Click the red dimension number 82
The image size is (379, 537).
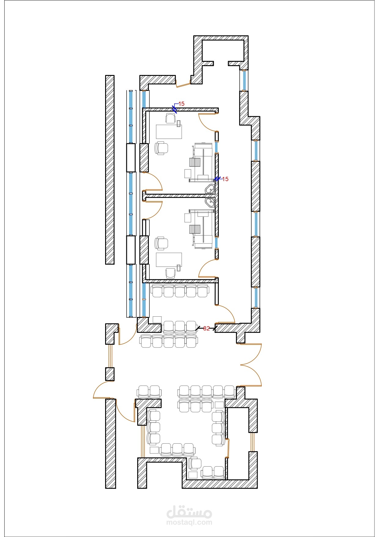pos(206,328)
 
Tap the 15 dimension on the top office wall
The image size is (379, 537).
pos(181,104)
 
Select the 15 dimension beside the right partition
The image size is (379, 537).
pos(225,179)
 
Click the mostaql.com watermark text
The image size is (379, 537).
pos(189,522)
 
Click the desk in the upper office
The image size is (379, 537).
pos(169,132)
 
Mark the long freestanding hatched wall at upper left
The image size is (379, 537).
pos(110,170)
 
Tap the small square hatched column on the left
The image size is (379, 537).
pos(110,374)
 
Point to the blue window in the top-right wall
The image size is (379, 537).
pos(244,80)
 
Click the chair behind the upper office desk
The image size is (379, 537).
pos(170,118)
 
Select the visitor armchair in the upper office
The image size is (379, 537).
pos(161,148)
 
